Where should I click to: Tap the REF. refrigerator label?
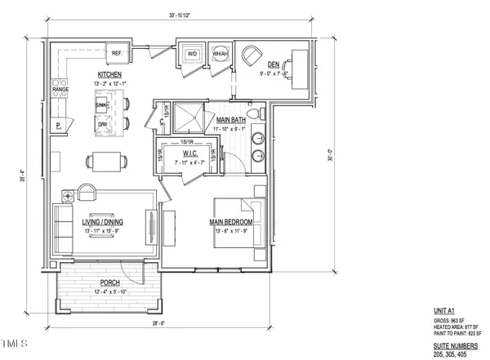(x=117, y=54)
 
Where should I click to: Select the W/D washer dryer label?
(x=193, y=55)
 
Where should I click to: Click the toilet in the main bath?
(x=254, y=113)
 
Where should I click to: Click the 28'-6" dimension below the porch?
(x=105, y=323)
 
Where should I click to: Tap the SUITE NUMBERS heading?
(x=456, y=347)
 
